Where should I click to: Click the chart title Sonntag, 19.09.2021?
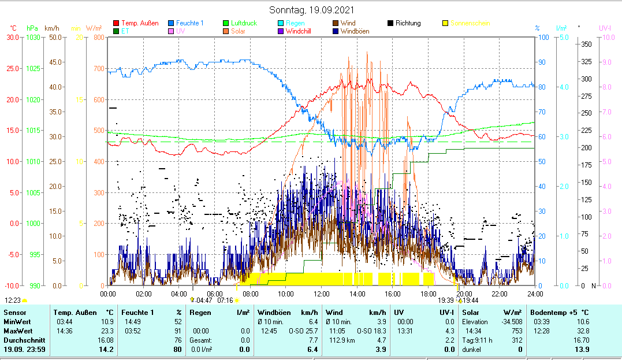[x=312, y=10]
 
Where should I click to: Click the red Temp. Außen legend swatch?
[x=117, y=23]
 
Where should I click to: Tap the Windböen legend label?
[x=355, y=31]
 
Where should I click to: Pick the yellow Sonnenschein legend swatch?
[x=445, y=23]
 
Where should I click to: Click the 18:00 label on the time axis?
[x=428, y=294]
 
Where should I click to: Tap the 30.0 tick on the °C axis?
[x=13, y=38]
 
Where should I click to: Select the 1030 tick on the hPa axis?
[x=33, y=38]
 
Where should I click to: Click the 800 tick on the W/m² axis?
[x=98, y=38]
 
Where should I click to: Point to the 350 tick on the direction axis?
[x=586, y=44]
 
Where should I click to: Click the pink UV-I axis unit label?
[x=605, y=28]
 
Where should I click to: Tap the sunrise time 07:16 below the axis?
[x=224, y=300]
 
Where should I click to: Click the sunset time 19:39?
[x=446, y=300]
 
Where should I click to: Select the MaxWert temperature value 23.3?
[x=107, y=331]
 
